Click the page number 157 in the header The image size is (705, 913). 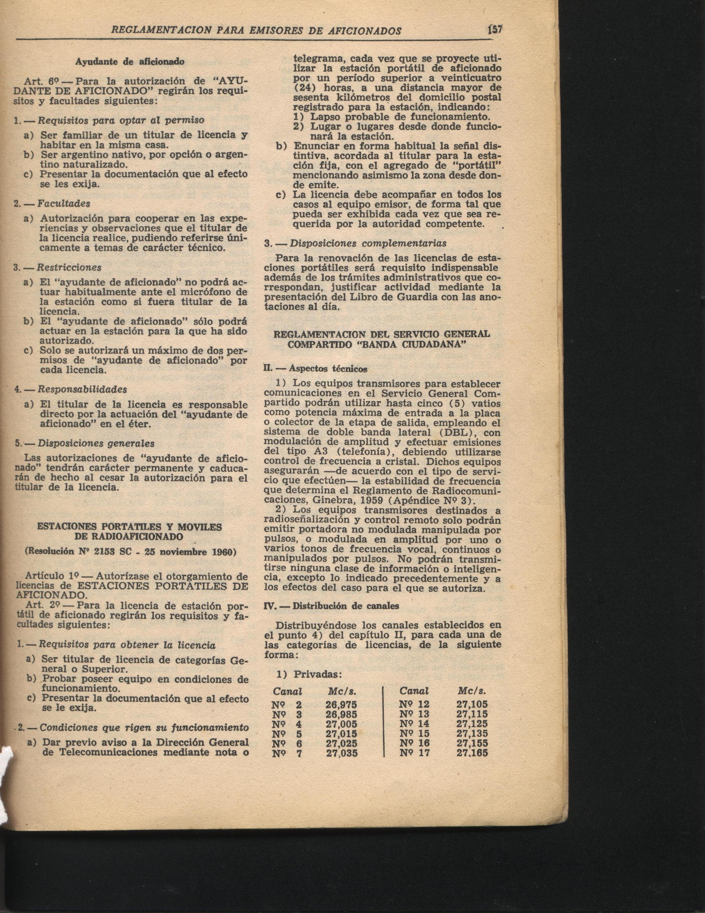coord(496,30)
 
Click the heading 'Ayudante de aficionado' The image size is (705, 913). coord(129,61)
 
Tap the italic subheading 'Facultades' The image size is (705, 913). coord(64,204)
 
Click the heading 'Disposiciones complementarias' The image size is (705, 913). coord(368,243)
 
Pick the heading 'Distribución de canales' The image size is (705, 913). coord(345,606)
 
